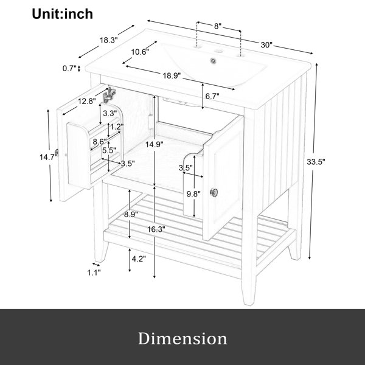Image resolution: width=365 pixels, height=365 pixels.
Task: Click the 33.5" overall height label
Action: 316,162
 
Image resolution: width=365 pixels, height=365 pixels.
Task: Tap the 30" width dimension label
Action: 266,44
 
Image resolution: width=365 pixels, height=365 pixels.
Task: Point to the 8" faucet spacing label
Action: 217,26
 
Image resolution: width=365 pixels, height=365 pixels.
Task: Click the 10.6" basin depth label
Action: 140,52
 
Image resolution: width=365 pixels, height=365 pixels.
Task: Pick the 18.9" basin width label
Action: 172,75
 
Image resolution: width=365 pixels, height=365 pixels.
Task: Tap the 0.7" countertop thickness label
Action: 69,68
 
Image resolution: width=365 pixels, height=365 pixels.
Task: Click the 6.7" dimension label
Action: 212,96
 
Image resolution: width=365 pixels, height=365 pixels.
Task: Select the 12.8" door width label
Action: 87,101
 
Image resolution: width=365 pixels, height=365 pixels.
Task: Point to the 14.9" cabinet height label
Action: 155,145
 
